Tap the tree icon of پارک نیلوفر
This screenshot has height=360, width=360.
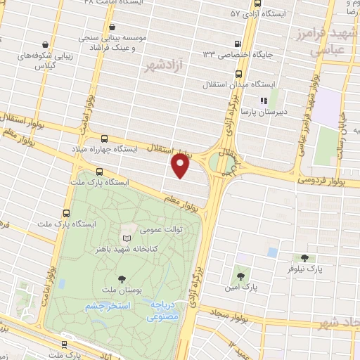coord(304,259)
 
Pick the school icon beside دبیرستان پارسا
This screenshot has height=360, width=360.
coord(265,101)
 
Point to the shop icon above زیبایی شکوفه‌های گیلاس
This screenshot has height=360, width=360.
coord(45,44)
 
